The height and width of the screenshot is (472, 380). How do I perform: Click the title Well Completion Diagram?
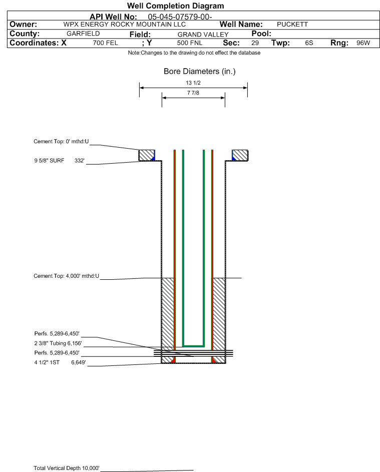tap(176, 6)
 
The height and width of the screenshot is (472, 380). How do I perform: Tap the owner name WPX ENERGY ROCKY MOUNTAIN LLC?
tap(125, 25)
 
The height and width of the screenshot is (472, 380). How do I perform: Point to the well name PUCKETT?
tap(292, 25)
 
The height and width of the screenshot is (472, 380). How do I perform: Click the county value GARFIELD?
tap(83, 34)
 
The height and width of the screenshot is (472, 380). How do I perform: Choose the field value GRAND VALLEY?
tap(203, 35)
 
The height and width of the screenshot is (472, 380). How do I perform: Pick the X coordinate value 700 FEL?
tap(105, 43)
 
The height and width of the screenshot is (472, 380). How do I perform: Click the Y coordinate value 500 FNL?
tap(189, 43)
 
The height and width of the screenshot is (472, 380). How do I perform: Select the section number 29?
tap(255, 43)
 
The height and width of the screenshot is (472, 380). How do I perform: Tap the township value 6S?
tap(309, 43)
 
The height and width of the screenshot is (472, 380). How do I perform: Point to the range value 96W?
tap(363, 43)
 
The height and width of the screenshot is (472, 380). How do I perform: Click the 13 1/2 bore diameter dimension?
tap(193, 83)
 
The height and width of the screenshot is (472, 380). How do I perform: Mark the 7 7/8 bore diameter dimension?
tap(193, 93)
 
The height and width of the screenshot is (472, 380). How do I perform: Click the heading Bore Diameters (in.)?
tap(199, 72)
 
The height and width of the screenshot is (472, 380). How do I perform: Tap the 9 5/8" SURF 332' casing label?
tap(59, 161)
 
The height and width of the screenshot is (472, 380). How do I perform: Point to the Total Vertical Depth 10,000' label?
tap(67, 468)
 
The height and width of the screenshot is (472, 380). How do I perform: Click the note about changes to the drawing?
tap(194, 53)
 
